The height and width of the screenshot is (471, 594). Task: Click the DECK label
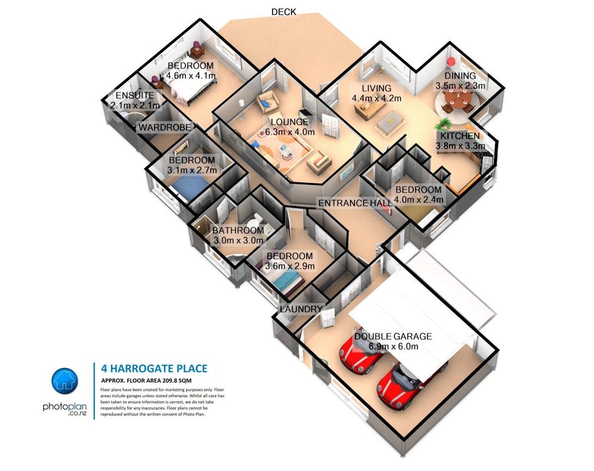[283, 12]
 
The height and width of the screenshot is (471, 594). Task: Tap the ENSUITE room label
[135, 95]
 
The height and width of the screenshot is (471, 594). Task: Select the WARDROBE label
[164, 127]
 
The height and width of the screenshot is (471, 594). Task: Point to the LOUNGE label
[290, 122]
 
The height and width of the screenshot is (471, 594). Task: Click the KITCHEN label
[460, 136]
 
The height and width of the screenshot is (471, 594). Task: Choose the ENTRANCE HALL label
[355, 203]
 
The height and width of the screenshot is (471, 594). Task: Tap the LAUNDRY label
[301, 309]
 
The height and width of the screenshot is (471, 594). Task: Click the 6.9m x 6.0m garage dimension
[394, 346]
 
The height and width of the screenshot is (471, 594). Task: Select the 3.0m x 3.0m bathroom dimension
[238, 240]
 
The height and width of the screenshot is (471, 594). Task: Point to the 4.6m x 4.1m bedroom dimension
[191, 75]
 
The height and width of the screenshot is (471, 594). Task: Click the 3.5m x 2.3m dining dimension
[460, 85]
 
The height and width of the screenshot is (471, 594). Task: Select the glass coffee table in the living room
[390, 122]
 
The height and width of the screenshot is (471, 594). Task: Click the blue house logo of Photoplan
[65, 381]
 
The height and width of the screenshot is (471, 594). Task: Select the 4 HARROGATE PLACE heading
[154, 369]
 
